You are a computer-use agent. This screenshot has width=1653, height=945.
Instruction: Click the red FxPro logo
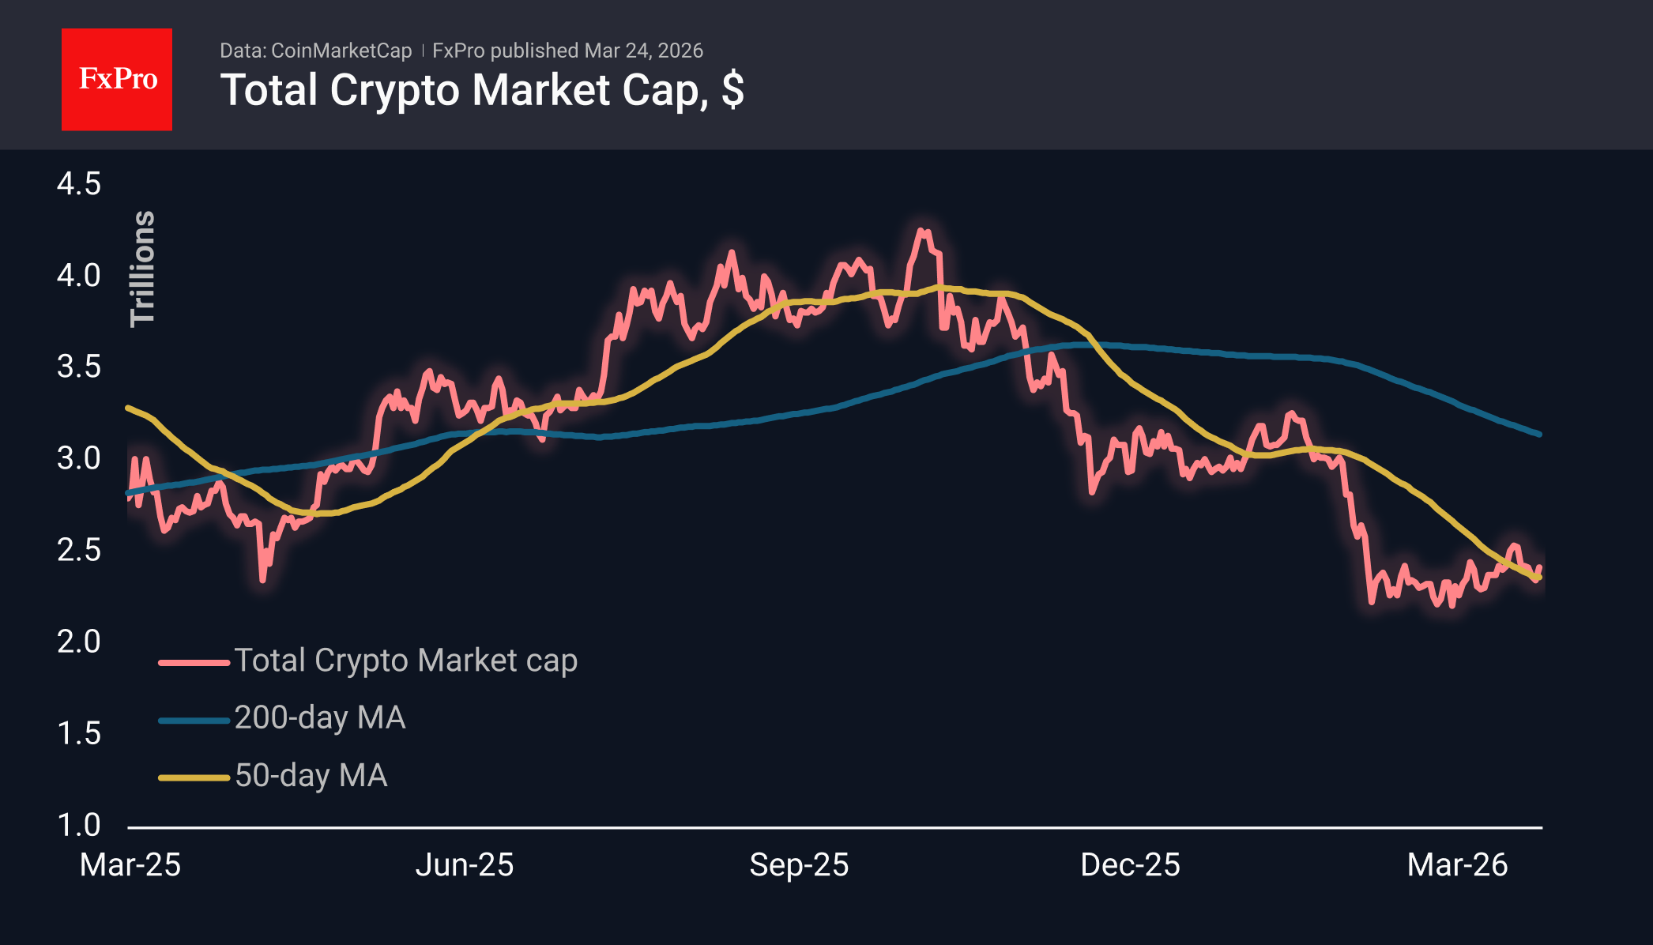(x=117, y=79)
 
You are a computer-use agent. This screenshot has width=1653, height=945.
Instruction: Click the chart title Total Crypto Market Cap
(x=481, y=90)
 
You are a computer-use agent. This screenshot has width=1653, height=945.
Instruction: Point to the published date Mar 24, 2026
(x=644, y=51)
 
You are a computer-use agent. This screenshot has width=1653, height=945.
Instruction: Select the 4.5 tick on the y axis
(x=79, y=184)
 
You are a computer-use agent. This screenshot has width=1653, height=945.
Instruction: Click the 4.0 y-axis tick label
(x=79, y=276)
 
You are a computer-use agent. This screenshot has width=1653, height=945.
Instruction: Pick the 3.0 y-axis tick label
(x=79, y=458)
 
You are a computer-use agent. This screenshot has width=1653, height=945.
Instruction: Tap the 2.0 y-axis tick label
(x=79, y=642)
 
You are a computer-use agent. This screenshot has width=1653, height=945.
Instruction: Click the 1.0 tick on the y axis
(x=79, y=825)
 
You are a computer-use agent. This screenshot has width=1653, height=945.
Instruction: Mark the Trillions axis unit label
(x=143, y=269)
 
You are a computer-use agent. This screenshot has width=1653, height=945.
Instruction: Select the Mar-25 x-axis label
(x=130, y=865)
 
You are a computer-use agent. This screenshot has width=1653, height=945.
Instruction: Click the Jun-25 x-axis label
(x=465, y=865)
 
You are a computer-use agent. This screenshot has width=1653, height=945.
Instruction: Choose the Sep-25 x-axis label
(x=799, y=865)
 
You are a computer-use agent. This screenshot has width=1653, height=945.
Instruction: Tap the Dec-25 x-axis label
(x=1130, y=865)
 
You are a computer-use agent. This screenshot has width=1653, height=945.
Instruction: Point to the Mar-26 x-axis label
(x=1457, y=865)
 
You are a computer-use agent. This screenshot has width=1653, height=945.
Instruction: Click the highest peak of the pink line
(x=921, y=231)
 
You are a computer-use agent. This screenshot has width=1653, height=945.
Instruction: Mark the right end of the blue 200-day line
(x=1539, y=434)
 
